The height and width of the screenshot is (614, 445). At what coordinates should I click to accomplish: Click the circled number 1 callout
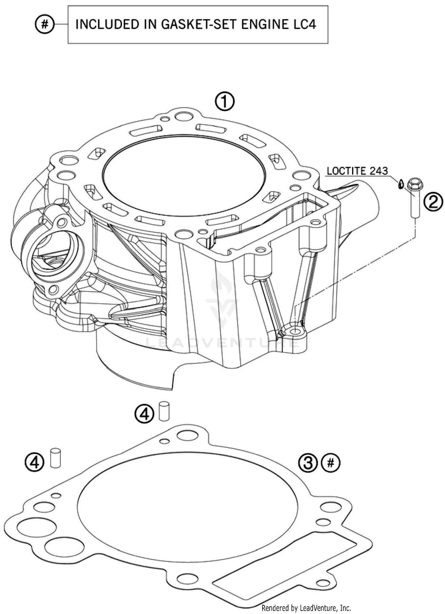[225, 102]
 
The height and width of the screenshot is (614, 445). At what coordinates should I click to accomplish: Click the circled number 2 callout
[433, 202]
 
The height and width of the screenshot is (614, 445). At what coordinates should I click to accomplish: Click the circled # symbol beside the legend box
[44, 24]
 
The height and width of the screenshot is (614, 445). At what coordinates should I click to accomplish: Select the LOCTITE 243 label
[357, 171]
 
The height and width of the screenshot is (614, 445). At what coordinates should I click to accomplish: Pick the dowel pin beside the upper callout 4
[164, 411]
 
